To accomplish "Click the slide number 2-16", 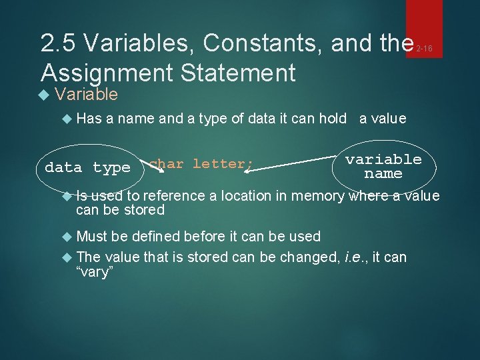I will (x=424, y=48).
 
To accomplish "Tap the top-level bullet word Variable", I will (x=87, y=95).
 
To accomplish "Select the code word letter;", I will (x=223, y=163).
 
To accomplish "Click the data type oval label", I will (x=87, y=167).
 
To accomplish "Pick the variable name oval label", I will (x=383, y=167).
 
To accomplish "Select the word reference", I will (x=175, y=195).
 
